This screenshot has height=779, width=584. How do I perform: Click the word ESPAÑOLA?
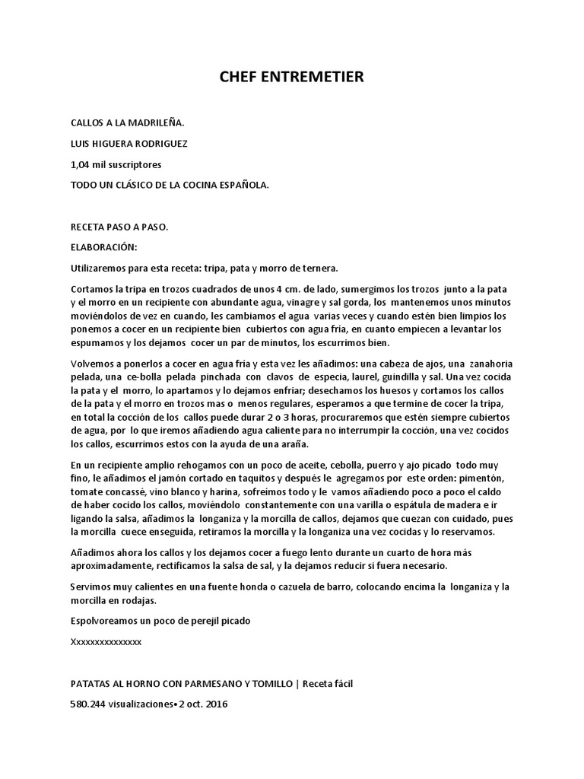tap(243, 185)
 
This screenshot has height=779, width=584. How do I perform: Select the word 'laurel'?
tap(358, 377)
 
